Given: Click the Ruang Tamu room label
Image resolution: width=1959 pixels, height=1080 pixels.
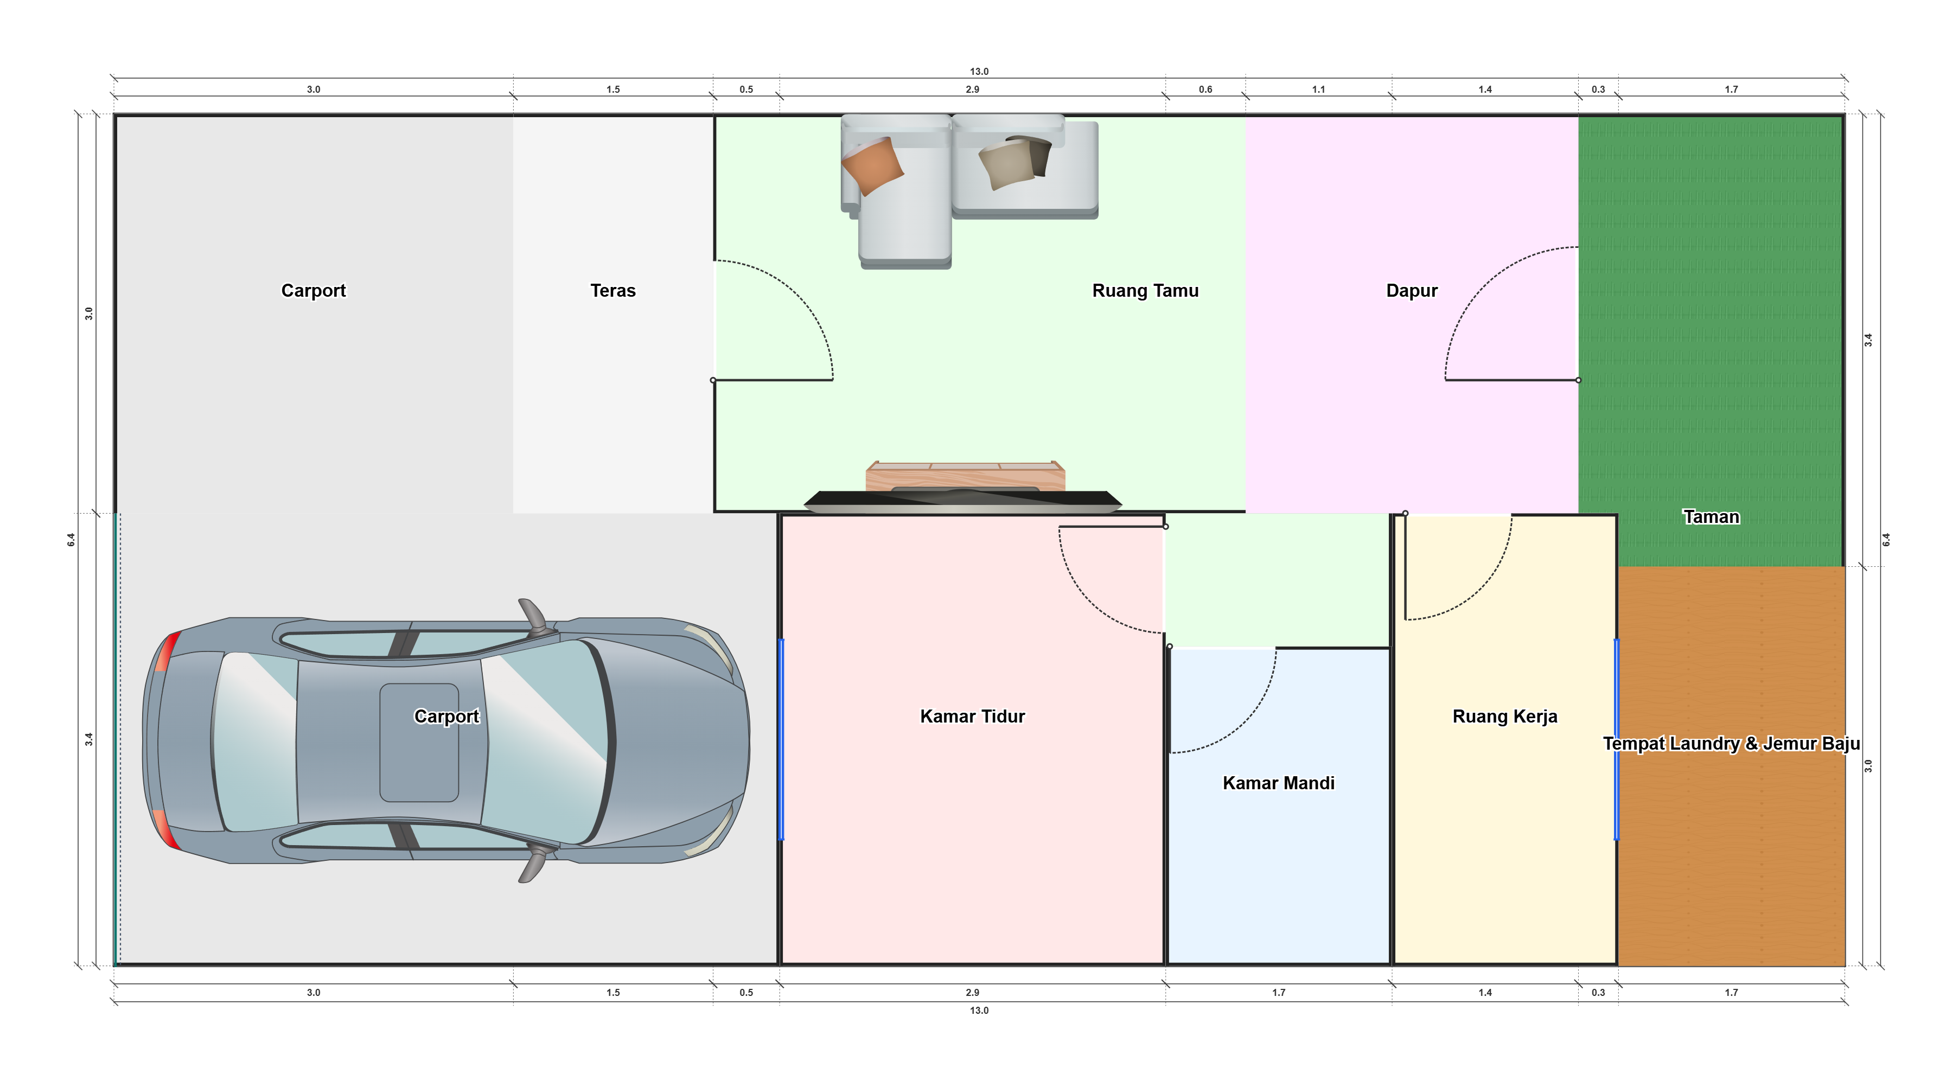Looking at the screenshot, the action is tap(1145, 291).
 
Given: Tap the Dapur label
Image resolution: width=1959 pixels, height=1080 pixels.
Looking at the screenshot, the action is tap(1412, 291).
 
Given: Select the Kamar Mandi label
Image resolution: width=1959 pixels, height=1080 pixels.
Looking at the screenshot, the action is tap(1278, 783).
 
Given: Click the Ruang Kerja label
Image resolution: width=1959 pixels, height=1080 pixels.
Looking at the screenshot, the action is tap(1504, 717).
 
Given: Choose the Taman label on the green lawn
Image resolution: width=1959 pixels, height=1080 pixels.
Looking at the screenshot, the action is tap(1711, 517).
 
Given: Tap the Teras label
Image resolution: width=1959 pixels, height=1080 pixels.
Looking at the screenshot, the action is tap(613, 291).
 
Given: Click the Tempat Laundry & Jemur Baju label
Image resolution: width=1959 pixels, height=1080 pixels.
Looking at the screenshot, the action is tap(1731, 743).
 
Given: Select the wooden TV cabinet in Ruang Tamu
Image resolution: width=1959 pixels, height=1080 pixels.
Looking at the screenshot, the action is tap(965, 476).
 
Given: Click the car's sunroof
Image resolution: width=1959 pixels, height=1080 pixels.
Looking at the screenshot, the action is tap(419, 742).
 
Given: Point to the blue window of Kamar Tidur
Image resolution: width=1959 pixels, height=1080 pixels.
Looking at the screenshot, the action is tap(782, 739).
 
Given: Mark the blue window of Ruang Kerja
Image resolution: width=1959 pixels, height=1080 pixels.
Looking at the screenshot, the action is tap(1616, 739).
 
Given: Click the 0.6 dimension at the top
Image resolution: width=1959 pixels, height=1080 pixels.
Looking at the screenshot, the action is tap(1205, 89).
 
